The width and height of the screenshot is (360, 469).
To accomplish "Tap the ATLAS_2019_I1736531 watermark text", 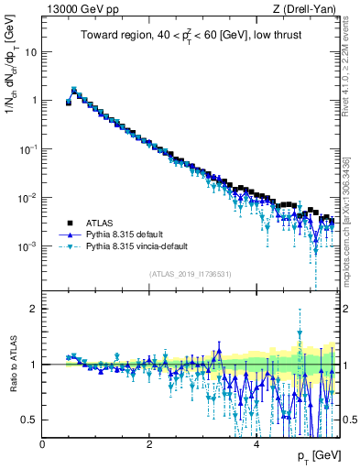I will (x=190, y=274).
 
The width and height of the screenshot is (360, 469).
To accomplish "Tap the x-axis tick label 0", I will (x=43, y=444).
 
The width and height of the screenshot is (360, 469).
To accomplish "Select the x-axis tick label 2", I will (x=149, y=444).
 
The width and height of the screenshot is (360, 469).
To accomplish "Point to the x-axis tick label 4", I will (x=256, y=444).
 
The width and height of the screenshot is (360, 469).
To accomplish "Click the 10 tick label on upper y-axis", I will (x=30, y=52).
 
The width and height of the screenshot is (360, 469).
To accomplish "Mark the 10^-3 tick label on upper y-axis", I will (x=28, y=246).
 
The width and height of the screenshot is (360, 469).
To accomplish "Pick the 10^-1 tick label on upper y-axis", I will (x=28, y=149).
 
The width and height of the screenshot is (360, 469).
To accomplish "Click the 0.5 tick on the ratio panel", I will (x=30, y=420).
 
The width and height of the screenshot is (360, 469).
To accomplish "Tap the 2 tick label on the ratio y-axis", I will (x=35, y=309).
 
